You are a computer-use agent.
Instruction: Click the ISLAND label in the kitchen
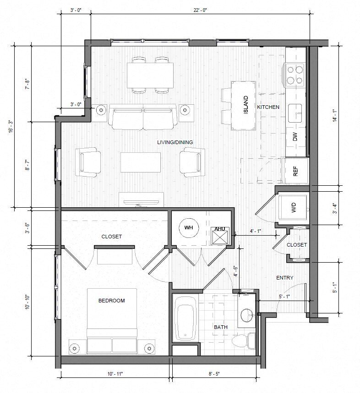pyautogui.click(x=246, y=105)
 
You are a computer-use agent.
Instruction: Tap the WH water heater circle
pyautogui.click(x=189, y=228)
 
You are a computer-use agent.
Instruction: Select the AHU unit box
pyautogui.click(x=220, y=236)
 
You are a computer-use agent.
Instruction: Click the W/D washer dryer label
pyautogui.click(x=294, y=208)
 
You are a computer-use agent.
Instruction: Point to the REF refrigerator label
pyautogui.click(x=295, y=171)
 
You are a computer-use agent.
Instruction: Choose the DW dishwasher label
pyautogui.click(x=295, y=137)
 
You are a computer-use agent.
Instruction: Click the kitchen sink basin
pyautogui.click(x=295, y=113)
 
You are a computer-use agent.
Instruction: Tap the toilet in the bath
pyautogui.click(x=243, y=341)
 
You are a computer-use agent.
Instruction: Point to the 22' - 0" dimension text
pyautogui.click(x=200, y=10)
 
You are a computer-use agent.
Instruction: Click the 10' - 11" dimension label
pyautogui.click(x=115, y=374)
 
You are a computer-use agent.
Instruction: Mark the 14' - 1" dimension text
pyautogui.click(x=335, y=116)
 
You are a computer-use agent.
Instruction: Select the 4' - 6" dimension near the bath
pyautogui.click(x=235, y=271)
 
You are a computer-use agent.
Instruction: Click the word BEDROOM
pyautogui.click(x=112, y=301)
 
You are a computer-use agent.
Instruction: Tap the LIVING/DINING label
pyautogui.click(x=175, y=142)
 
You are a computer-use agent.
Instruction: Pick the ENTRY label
pyautogui.click(x=285, y=278)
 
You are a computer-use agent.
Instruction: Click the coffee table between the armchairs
pyautogui.click(x=141, y=162)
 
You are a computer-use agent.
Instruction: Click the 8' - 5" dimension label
pyautogui.click(x=214, y=374)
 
